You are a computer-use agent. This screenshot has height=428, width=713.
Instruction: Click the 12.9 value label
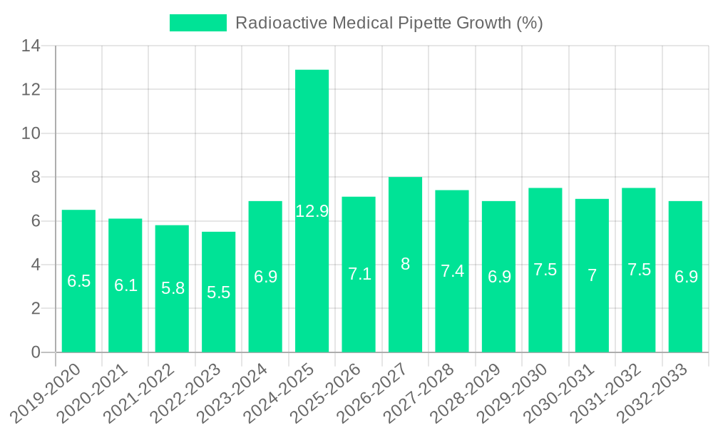coord(312,211)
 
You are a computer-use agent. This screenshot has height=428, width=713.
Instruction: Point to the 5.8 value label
coord(173,289)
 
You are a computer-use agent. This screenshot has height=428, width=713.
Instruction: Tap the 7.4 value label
coord(452,271)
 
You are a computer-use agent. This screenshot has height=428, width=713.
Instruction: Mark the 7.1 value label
coord(359,274)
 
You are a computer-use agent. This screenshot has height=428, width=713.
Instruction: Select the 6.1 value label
coord(125,286)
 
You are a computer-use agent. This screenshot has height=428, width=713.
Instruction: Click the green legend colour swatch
coord(198,23)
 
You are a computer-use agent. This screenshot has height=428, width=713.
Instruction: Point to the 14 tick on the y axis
coord(31,46)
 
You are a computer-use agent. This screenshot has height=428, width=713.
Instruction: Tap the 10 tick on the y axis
coord(31,133)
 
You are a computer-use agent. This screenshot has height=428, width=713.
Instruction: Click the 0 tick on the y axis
coord(36,352)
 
